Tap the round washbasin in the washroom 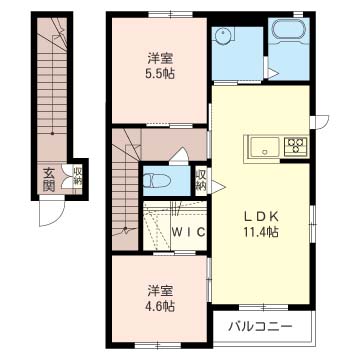tap(221, 34)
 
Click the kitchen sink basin tap(265, 147)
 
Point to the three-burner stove tap(296, 146)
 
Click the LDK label tap(261, 217)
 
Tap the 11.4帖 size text tap(261, 232)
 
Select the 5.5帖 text tap(160, 74)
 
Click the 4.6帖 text tap(160, 306)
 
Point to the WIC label tap(188, 232)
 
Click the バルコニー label tap(260, 326)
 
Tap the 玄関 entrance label tap(49, 180)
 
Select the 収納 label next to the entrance tap(77, 177)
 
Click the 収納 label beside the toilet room tap(201, 181)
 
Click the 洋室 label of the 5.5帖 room tap(160, 58)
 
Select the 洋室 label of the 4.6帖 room tap(160, 291)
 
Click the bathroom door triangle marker tap(273, 74)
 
